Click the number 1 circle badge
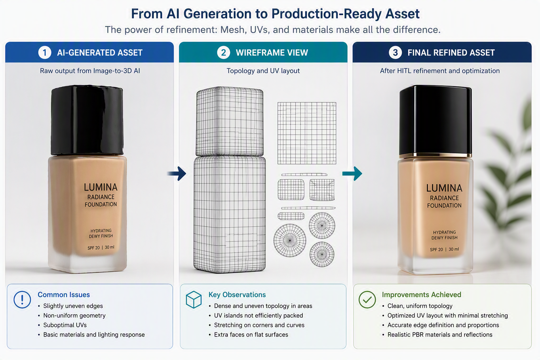[x=45, y=52]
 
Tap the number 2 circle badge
[x=224, y=52]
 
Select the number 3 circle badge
[x=396, y=52]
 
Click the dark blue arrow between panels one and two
[x=177, y=173]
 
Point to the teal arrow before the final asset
[x=352, y=173]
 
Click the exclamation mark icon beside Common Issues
[x=22, y=300]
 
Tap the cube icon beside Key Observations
[x=194, y=300]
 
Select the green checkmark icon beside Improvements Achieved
[x=367, y=300]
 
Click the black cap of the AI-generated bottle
[x=87, y=120]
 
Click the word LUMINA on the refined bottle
[x=444, y=188]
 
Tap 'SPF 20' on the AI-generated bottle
[x=94, y=248]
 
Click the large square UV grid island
[x=307, y=133]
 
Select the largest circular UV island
[x=290, y=240]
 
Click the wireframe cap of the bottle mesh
[x=230, y=122]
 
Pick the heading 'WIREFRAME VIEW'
[x=272, y=53]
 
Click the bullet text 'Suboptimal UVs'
[x=65, y=325]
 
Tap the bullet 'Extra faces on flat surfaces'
[x=251, y=335]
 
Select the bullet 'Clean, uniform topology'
[x=420, y=306]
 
